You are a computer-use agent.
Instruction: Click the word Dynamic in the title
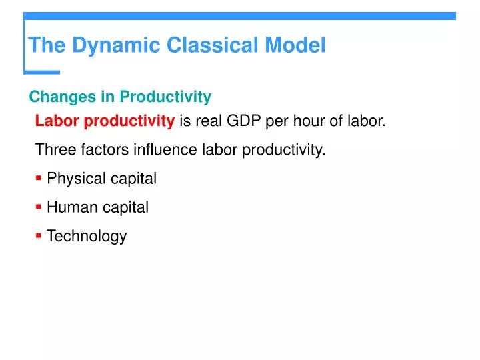pyautogui.click(x=116, y=45)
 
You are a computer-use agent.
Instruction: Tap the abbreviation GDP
pyautogui.click(x=246, y=121)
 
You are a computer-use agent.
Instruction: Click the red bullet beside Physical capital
pyautogui.click(x=39, y=178)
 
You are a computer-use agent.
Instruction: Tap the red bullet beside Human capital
pyautogui.click(x=39, y=207)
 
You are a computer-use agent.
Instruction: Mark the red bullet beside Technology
pyautogui.click(x=39, y=235)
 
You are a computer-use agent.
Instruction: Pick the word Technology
pyautogui.click(x=86, y=236)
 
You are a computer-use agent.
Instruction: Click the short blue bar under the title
pyautogui.click(x=42, y=71)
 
